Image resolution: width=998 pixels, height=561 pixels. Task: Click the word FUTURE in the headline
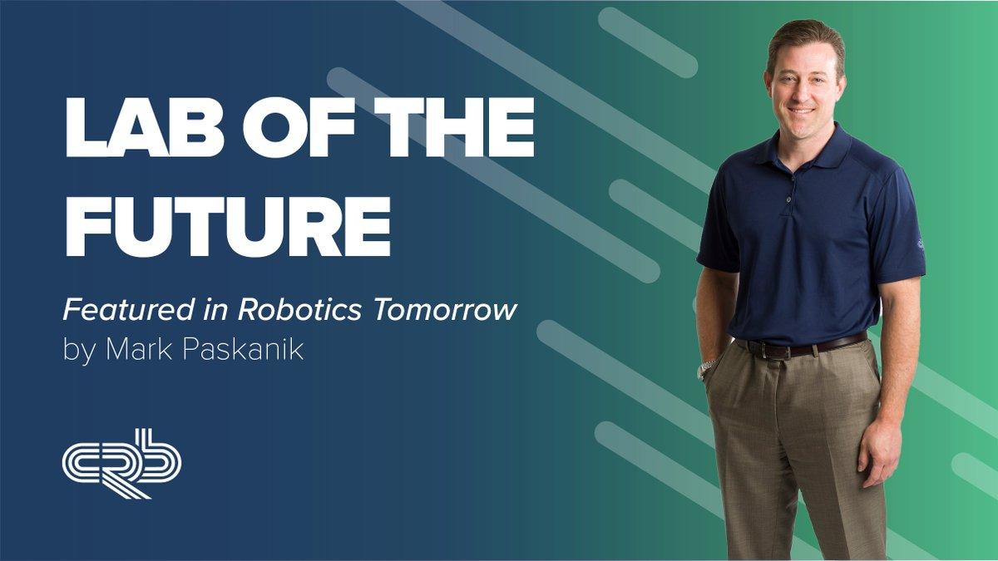228,226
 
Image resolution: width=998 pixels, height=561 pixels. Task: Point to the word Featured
128,309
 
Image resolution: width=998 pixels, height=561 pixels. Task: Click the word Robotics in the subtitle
299,309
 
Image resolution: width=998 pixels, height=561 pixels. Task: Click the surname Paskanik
244,350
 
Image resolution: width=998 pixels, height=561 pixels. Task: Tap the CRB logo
121,464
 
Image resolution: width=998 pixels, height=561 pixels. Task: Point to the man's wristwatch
707,369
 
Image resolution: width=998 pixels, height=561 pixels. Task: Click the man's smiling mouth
801,111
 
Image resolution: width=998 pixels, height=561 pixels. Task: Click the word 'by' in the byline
79,352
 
